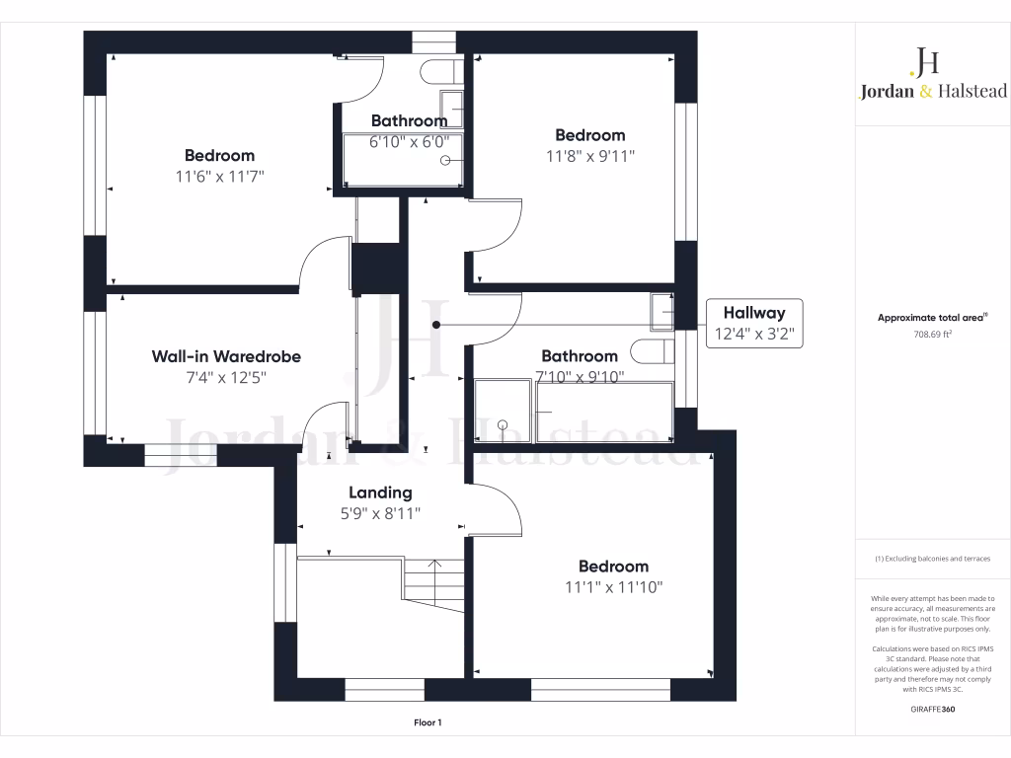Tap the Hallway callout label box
click(x=754, y=323)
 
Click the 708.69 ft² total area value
click(x=933, y=335)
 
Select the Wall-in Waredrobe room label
click(x=226, y=356)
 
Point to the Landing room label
click(x=380, y=493)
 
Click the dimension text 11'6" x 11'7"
click(x=219, y=176)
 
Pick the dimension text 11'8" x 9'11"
click(x=589, y=155)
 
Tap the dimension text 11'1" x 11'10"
click(x=613, y=586)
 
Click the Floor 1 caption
click(x=428, y=723)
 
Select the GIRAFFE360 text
click(x=933, y=710)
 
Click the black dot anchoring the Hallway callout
click(x=435, y=324)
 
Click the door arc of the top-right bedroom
click(x=499, y=225)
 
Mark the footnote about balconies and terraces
click(x=933, y=559)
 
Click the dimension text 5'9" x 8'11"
click(x=380, y=513)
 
